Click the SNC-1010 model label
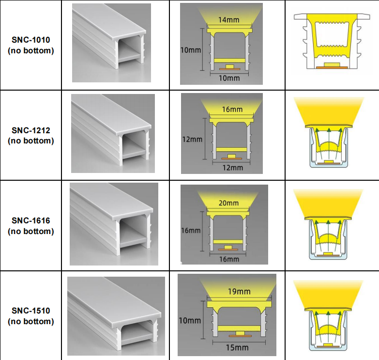(x=31, y=40)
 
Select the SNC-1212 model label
(x=31, y=130)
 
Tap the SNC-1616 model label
(x=31, y=220)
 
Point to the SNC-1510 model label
(x=31, y=311)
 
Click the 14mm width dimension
(x=228, y=20)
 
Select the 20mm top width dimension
(x=228, y=203)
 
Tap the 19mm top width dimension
(x=239, y=292)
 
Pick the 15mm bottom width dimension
(x=237, y=348)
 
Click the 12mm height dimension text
(x=192, y=140)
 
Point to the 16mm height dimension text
(x=191, y=230)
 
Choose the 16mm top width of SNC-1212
(x=232, y=110)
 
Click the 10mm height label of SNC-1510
(x=190, y=321)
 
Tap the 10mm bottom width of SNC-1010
(x=229, y=78)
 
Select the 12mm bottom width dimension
(x=232, y=168)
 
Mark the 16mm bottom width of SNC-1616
(x=229, y=259)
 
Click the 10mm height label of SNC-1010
(x=191, y=50)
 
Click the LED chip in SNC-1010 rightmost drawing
(x=332, y=64)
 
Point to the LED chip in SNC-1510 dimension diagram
(x=240, y=333)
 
